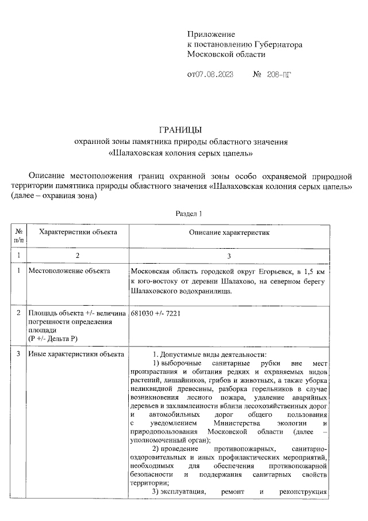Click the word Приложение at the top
[211, 35]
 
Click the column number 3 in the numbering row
[229, 254]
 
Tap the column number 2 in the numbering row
[78, 254]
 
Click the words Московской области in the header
[227, 54]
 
